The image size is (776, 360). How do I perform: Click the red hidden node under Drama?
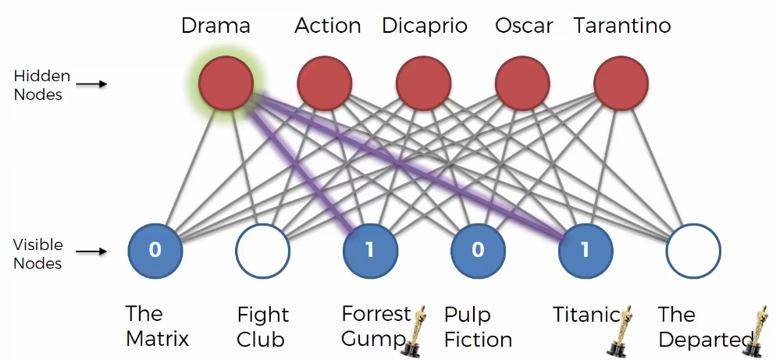pyautogui.click(x=226, y=84)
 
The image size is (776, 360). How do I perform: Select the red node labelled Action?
pyautogui.click(x=325, y=84)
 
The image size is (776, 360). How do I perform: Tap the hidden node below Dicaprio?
pyautogui.click(x=424, y=84)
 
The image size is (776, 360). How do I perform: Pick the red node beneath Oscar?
pyautogui.click(x=522, y=84)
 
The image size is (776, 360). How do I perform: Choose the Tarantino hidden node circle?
pyautogui.click(x=621, y=84)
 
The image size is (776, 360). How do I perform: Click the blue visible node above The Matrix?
pyautogui.click(x=155, y=251)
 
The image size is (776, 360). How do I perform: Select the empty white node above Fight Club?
pyautogui.click(x=263, y=251)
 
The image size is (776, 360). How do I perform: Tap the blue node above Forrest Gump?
pyautogui.click(x=370, y=251)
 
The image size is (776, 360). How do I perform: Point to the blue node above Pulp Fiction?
pyautogui.click(x=478, y=251)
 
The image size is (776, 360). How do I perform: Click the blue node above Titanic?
pyautogui.click(x=586, y=251)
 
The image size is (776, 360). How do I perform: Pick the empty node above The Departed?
pyautogui.click(x=693, y=251)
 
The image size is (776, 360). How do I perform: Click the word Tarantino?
pyautogui.click(x=622, y=26)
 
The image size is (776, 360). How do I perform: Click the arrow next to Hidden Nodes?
pyautogui.click(x=94, y=84)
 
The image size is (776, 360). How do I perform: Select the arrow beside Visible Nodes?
pyautogui.click(x=94, y=252)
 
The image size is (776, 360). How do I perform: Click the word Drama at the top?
pyautogui.click(x=215, y=26)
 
